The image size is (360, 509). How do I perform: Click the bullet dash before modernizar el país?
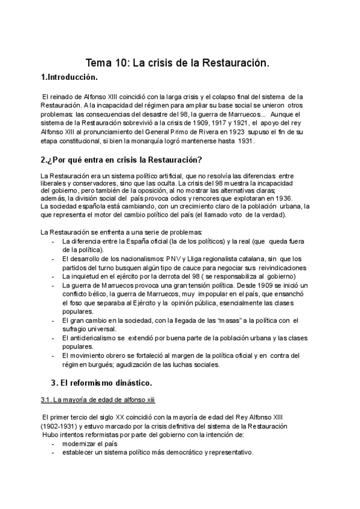(x=54, y=444)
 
